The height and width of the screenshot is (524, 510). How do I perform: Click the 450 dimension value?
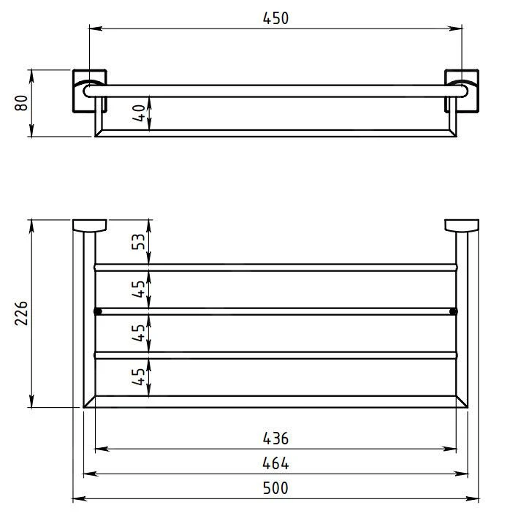[x=275, y=18]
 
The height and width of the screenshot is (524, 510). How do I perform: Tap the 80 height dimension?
[x=21, y=103]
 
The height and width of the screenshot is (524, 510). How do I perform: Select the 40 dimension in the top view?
[x=139, y=113]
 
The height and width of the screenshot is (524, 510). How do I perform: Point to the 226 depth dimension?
[x=21, y=313]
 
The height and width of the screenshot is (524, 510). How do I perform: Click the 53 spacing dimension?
[x=138, y=241]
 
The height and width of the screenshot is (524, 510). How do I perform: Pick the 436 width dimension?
[x=275, y=438]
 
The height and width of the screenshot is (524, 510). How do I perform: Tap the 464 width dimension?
[x=275, y=463]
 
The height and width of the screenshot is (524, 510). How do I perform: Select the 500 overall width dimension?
[x=275, y=488]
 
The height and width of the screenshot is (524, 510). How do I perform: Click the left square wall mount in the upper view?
[x=90, y=91]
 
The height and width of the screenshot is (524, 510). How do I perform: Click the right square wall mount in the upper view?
[x=462, y=91]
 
